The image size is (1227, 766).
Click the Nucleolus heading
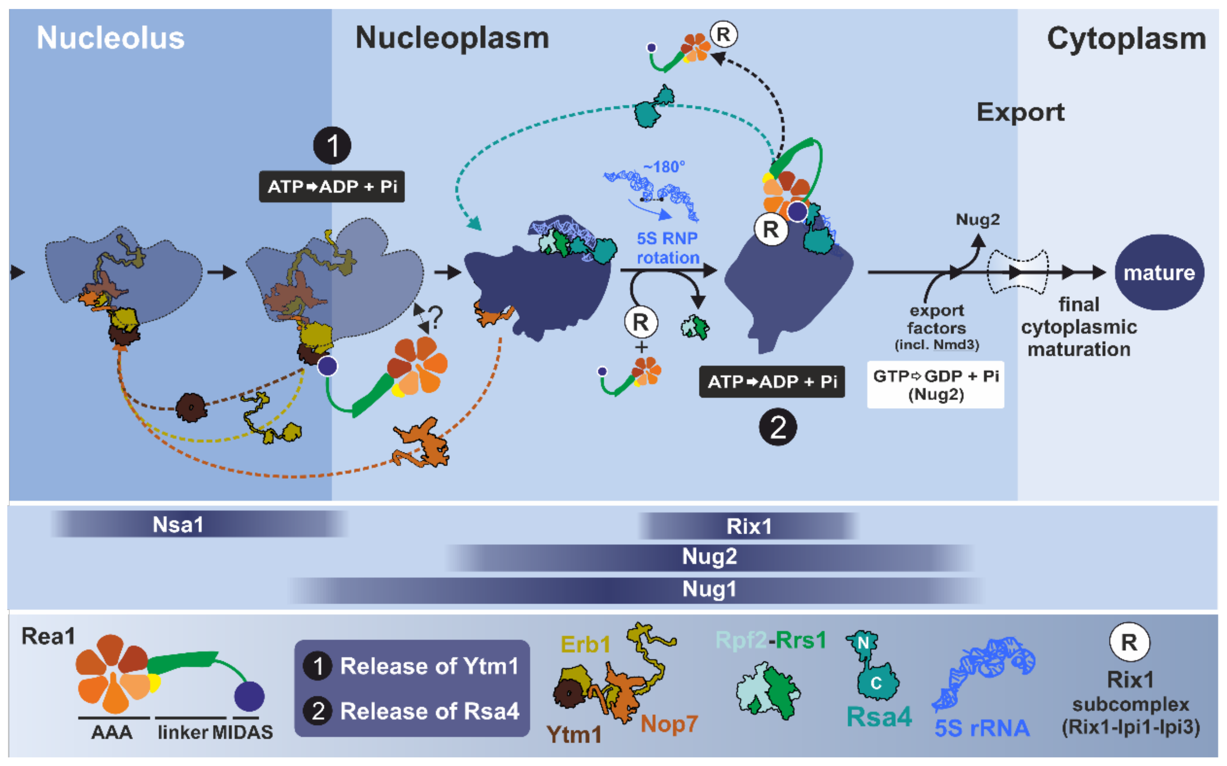[111, 38]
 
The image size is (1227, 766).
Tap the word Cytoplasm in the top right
[1126, 39]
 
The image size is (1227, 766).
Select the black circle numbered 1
[332, 146]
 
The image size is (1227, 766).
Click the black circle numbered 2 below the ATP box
[777, 427]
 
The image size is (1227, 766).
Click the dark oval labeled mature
[1159, 272]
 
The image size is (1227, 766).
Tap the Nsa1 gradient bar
[178, 524]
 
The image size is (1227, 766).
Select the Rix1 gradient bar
[748, 526]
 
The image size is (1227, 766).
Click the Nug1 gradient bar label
[709, 589]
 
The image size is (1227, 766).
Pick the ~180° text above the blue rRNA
[664, 167]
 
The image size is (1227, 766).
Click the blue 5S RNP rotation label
[667, 248]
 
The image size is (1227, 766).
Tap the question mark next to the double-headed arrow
[435, 318]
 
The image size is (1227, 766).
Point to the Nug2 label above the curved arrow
[977, 219]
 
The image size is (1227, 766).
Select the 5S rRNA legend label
[981, 728]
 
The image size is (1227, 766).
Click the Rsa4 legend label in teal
[879, 716]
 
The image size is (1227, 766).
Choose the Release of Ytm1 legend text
[429, 666]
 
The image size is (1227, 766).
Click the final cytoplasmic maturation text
[1079, 327]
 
